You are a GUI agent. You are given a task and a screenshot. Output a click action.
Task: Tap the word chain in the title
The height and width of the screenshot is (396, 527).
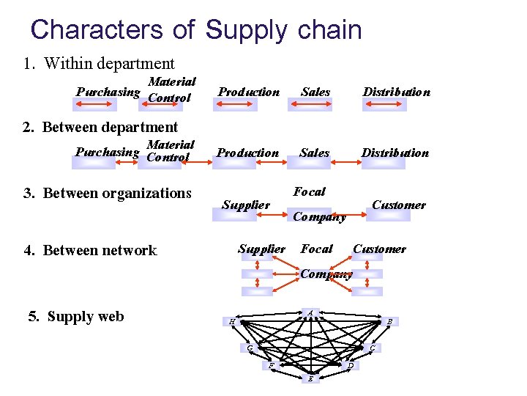point(331,29)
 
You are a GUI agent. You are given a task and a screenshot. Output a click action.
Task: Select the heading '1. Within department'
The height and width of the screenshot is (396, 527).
point(99,64)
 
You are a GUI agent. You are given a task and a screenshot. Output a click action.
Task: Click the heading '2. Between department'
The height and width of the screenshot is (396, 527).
point(100,127)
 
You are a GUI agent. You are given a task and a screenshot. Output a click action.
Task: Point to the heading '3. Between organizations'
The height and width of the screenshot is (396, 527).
point(107,193)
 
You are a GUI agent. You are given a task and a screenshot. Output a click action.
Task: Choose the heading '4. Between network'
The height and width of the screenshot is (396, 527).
point(90,251)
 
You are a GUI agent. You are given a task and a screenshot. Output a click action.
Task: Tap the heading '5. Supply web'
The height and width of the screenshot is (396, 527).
point(76,317)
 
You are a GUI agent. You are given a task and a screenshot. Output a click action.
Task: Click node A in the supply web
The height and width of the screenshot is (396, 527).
point(310,314)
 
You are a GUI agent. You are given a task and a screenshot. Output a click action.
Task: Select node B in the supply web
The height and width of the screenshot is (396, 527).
point(390,321)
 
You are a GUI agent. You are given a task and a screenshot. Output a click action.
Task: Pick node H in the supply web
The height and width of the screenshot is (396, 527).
point(231,321)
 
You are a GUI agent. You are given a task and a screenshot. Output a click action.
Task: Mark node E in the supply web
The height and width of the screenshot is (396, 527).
point(310,379)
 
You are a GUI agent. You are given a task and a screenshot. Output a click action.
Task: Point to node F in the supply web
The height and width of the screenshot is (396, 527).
point(271,364)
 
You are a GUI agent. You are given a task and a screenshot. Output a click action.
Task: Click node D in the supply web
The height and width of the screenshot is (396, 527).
point(350,364)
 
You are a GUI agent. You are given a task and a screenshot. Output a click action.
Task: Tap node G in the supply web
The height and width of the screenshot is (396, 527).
point(250,347)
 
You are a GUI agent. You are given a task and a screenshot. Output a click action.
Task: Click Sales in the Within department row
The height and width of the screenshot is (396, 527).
point(315,92)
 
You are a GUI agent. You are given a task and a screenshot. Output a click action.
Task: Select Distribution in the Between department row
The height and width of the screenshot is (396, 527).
point(395,153)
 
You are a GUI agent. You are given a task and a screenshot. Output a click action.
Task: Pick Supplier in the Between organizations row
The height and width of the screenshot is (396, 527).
point(246,205)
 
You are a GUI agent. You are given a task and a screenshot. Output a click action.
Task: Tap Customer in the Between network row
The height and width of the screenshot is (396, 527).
point(379,249)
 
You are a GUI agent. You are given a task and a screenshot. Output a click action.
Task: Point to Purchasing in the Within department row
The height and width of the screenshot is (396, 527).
point(108,92)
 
